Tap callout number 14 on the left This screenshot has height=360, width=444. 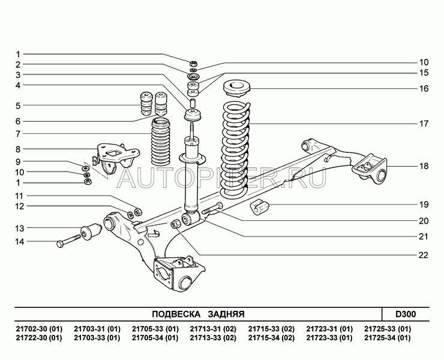point(19,242)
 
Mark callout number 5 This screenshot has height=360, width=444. point(19,106)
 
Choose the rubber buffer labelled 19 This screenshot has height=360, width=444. point(260,208)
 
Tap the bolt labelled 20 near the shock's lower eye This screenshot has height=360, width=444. point(213,210)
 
